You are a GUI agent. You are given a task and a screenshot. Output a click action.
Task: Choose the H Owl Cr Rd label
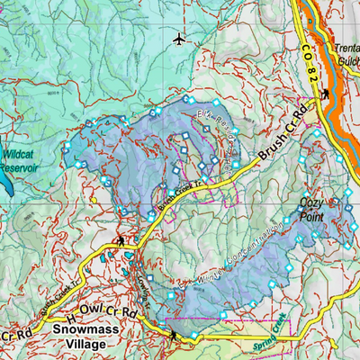[102, 316]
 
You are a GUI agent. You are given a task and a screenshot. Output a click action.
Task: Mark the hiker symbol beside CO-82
[325, 93]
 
